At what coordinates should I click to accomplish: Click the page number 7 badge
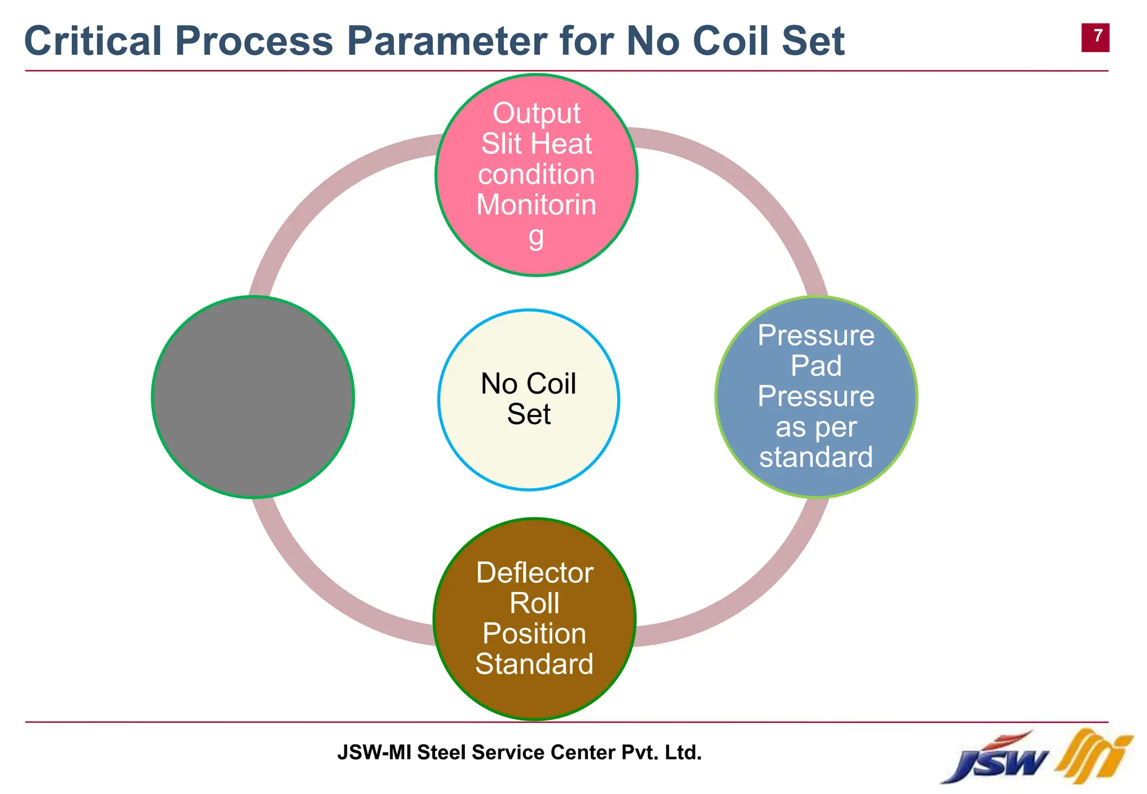point(1095,37)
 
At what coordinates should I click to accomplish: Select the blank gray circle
point(253,397)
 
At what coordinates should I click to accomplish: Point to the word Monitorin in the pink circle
point(536,204)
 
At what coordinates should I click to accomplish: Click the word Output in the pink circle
point(536,113)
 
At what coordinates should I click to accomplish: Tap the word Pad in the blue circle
point(816,366)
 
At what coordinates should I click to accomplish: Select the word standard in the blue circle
point(816,457)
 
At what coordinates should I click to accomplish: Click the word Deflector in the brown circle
point(534,573)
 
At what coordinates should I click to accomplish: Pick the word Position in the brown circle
point(534,633)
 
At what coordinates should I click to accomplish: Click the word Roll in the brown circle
point(534,603)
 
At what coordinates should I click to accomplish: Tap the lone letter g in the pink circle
point(536,236)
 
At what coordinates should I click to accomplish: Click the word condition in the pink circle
point(536,174)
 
